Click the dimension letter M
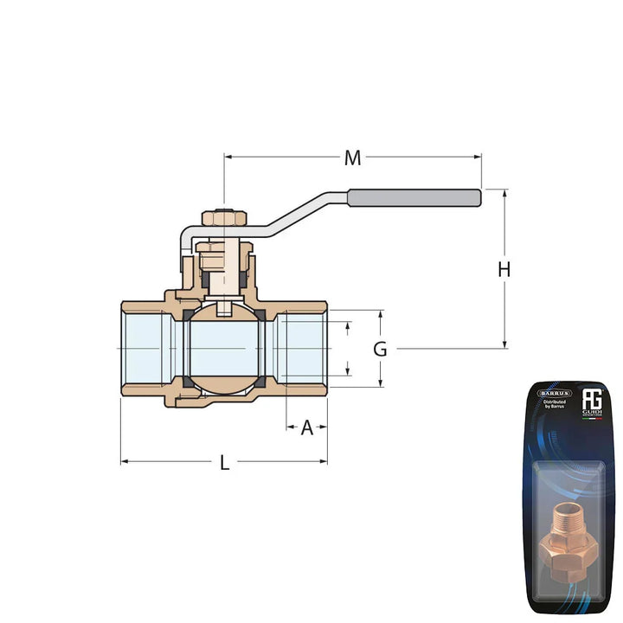click(x=352, y=157)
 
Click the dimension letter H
click(x=504, y=270)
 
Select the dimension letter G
click(x=380, y=350)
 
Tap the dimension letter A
click(x=306, y=427)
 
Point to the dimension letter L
click(x=224, y=463)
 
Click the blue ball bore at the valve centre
click(x=223, y=348)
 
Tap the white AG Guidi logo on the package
click(x=592, y=401)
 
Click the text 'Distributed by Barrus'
click(x=554, y=406)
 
